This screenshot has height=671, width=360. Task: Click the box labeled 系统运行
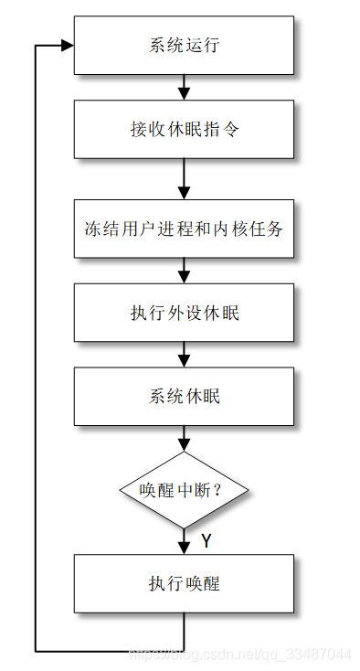184,46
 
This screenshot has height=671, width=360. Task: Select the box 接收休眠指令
184,129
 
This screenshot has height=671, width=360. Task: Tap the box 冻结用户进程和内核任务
184,229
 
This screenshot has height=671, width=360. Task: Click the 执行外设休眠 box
184,313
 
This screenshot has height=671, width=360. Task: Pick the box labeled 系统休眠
184,397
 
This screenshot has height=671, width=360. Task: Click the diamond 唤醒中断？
184,490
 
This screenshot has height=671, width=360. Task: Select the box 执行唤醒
184,583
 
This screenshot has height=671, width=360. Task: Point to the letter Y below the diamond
206,541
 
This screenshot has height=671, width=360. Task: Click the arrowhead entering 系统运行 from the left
67,46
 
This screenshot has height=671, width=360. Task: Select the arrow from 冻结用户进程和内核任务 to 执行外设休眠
184,271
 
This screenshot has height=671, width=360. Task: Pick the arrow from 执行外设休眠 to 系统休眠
184,355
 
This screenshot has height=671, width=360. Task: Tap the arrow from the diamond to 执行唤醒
184,541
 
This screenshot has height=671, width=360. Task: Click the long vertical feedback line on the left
35,347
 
